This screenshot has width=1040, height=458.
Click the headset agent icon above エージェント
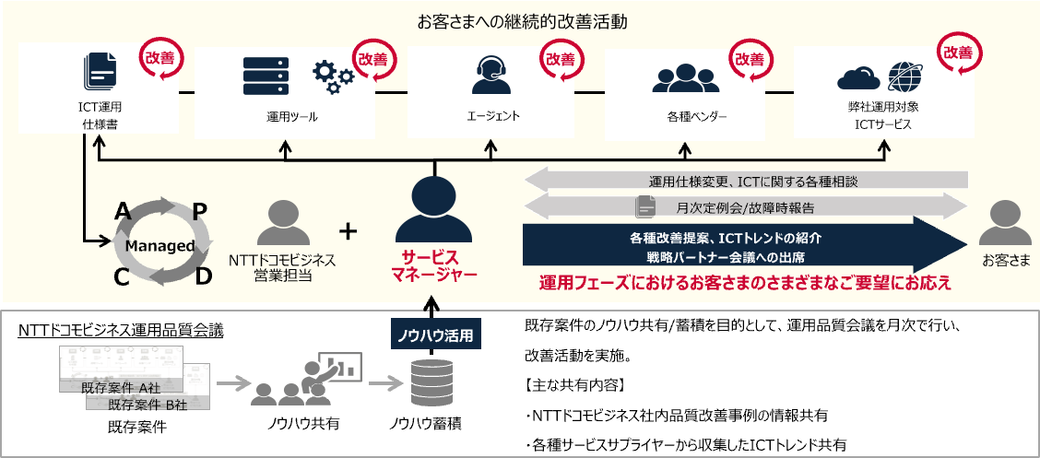click(x=491, y=75)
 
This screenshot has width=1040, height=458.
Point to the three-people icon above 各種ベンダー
click(x=683, y=77)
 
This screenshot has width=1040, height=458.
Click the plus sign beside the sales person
click(x=348, y=229)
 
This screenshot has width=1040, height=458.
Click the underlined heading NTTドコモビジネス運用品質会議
click(x=120, y=328)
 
